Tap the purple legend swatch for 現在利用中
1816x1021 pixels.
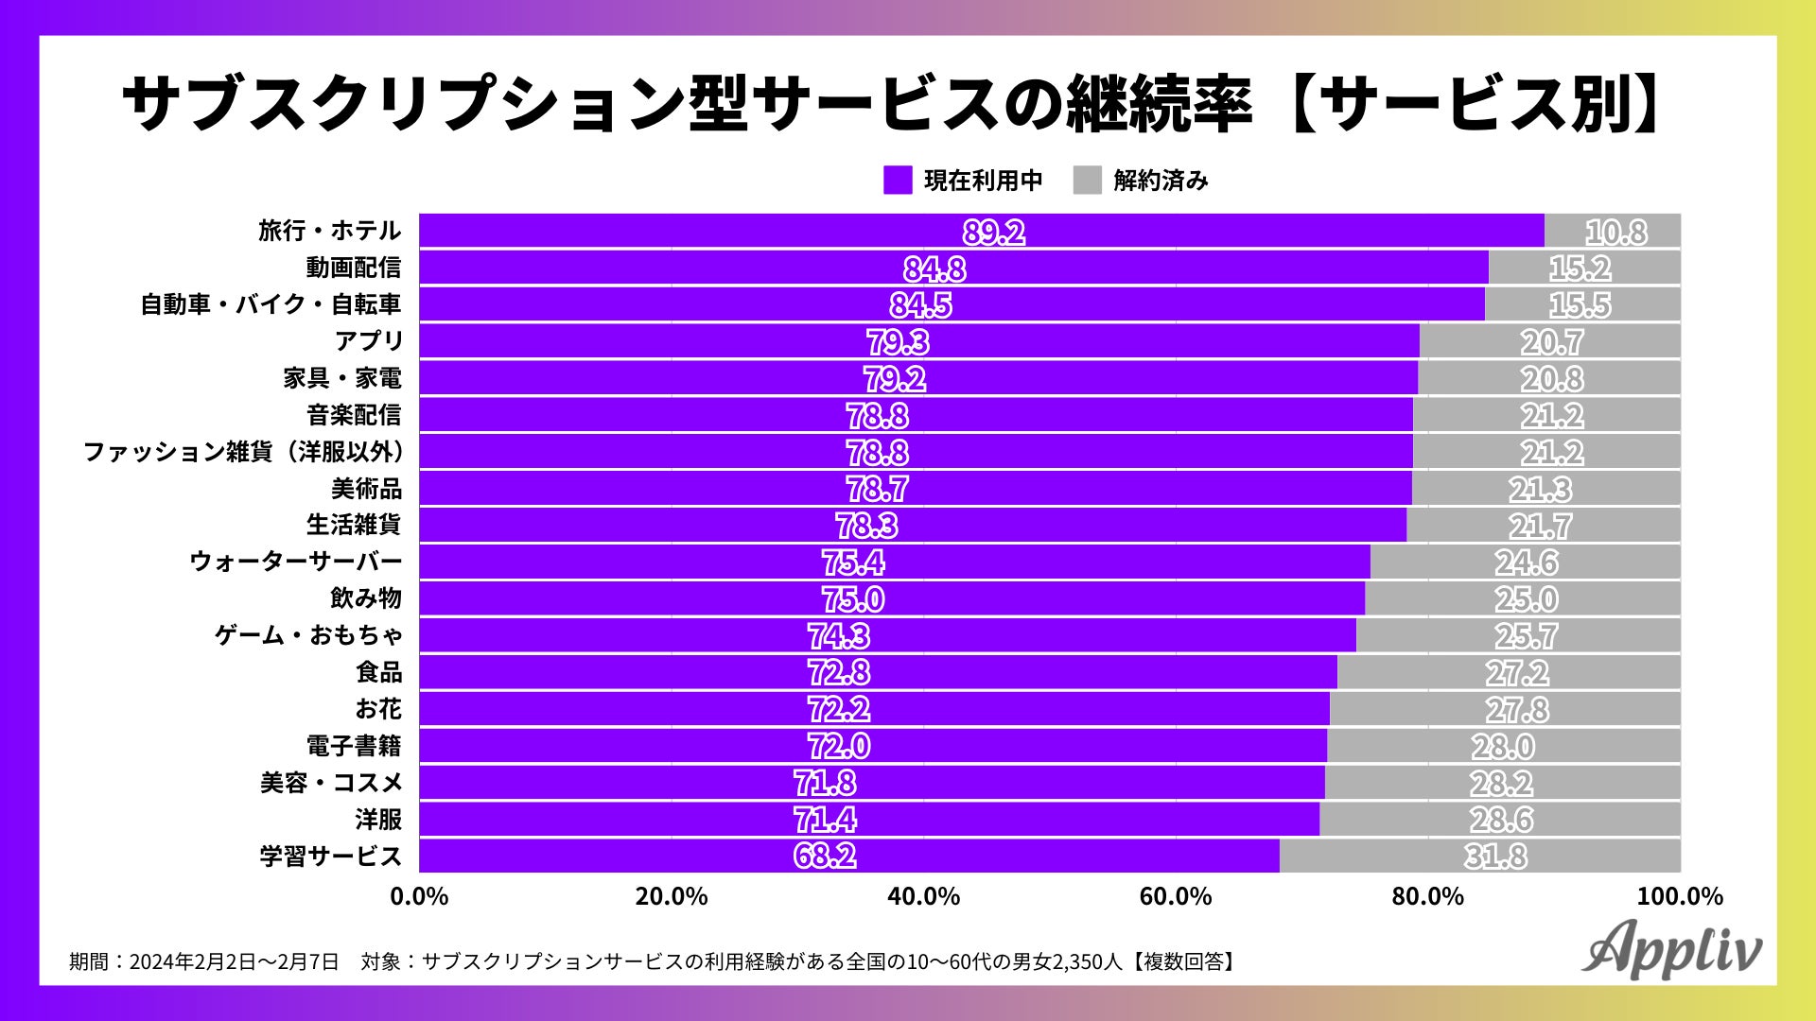[x=898, y=180]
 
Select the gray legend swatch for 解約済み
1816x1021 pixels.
[x=1088, y=180]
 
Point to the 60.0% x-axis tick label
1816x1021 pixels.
[x=1176, y=896]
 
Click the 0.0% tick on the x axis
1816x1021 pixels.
[x=419, y=896]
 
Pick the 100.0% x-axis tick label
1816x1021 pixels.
[x=1680, y=896]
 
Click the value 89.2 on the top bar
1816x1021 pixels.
[x=993, y=232]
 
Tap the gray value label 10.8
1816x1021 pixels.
[x=1615, y=232]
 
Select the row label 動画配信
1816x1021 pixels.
[x=353, y=268]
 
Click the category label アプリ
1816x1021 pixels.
[x=369, y=340]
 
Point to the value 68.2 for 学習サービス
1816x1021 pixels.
[x=825, y=856]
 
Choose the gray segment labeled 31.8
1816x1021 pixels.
[x=1494, y=856]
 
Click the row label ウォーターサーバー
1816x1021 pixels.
[x=295, y=562]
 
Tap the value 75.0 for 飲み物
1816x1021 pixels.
[x=853, y=598]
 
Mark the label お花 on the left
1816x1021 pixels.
[x=378, y=709]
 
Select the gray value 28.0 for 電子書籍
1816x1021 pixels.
[x=1502, y=746]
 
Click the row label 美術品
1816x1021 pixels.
[x=366, y=488]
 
